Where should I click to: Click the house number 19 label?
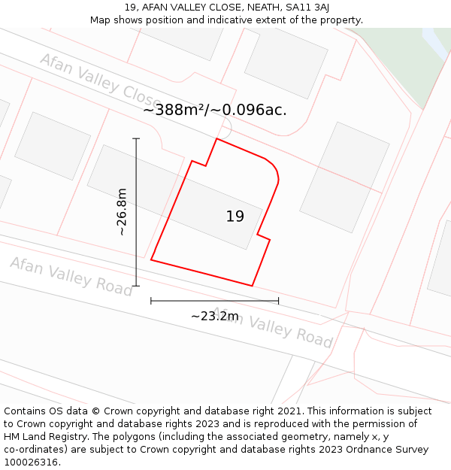[235, 217]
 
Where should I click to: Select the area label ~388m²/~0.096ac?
[215, 110]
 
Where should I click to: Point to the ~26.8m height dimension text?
[122, 212]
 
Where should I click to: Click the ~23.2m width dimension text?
[214, 317]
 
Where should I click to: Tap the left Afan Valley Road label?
[71, 275]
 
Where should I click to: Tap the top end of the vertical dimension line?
[136, 138]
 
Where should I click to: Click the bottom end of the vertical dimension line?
[136, 286]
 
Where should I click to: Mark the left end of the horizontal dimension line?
[151, 301]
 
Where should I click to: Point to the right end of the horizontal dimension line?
[278, 301]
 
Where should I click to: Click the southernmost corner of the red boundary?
[252, 286]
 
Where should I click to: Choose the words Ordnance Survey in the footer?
[390, 450]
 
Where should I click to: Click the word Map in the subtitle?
[101, 20]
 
